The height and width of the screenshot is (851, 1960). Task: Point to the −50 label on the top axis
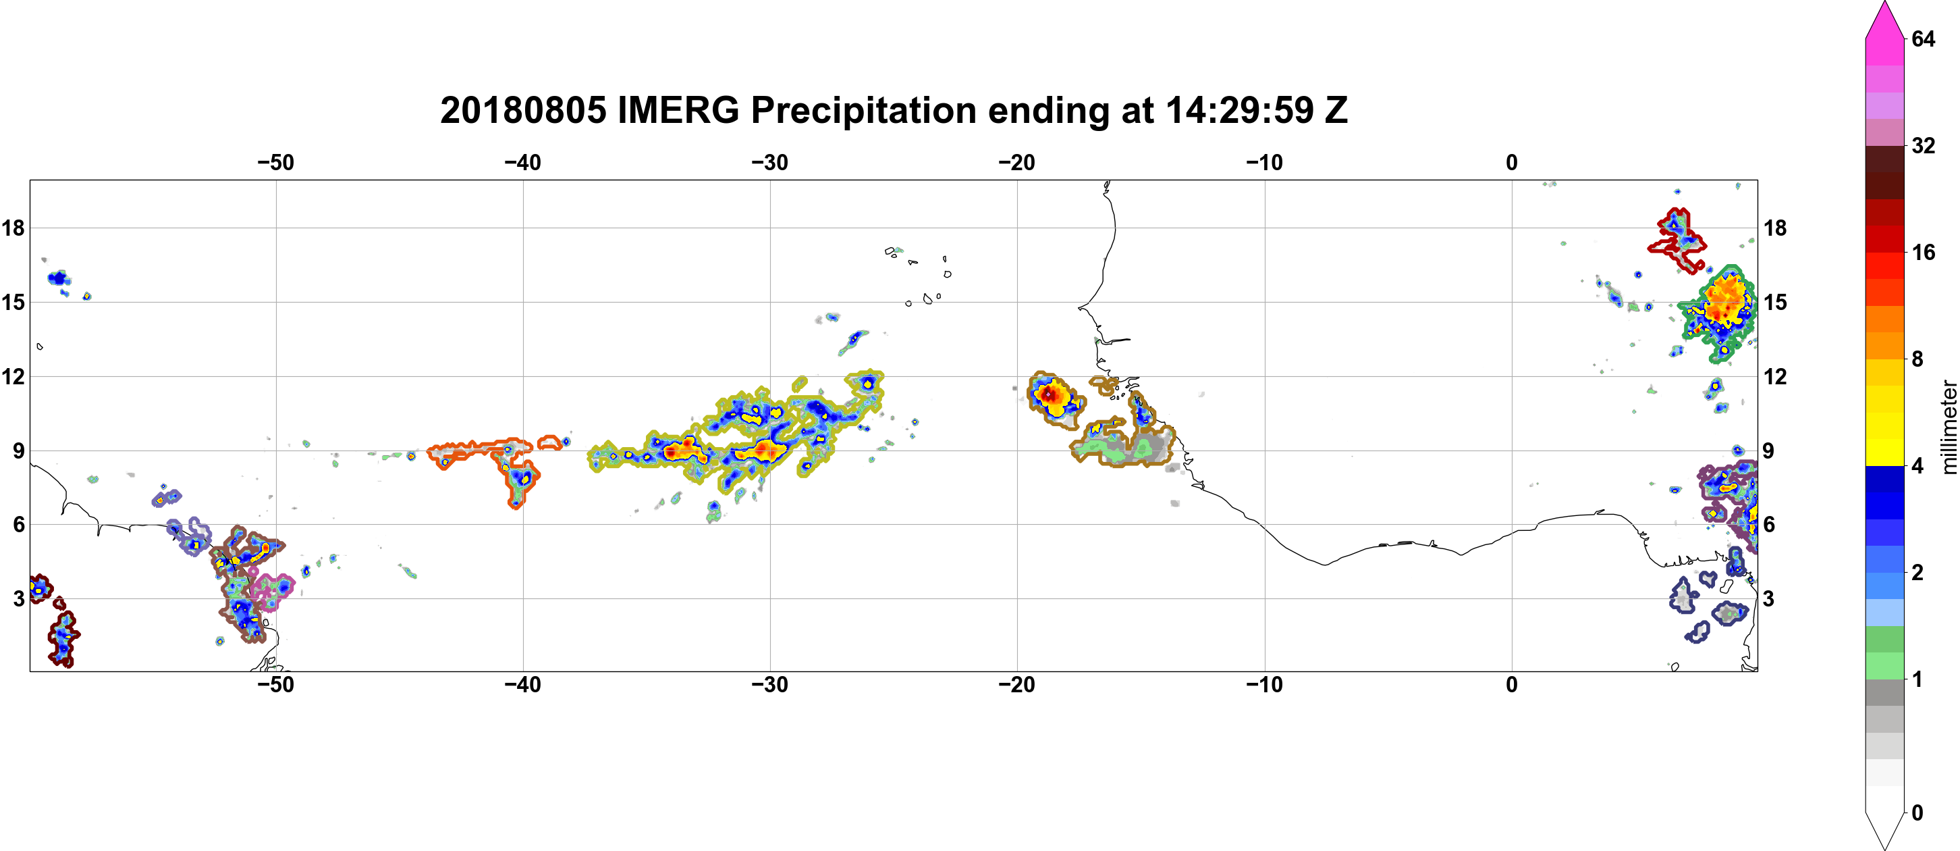tap(275, 162)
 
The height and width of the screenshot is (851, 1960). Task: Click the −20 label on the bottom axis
tap(1017, 685)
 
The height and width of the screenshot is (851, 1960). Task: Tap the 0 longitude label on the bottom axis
tap(1512, 685)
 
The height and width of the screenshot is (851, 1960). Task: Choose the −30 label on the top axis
tap(770, 162)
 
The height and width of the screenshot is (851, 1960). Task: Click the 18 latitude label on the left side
tap(13, 228)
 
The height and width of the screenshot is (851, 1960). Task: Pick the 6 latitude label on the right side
tap(1769, 525)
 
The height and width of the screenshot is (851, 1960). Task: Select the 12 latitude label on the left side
tap(13, 376)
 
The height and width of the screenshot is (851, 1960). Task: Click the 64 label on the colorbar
tap(1924, 38)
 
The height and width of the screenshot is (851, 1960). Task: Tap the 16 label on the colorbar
tap(1924, 252)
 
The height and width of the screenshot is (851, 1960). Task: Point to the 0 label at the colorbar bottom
tap(1917, 813)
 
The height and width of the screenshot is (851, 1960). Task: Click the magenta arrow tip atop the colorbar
tap(1884, 4)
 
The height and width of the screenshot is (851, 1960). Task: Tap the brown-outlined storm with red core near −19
tap(1053, 398)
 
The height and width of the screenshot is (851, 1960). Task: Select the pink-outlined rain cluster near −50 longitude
tap(271, 589)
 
